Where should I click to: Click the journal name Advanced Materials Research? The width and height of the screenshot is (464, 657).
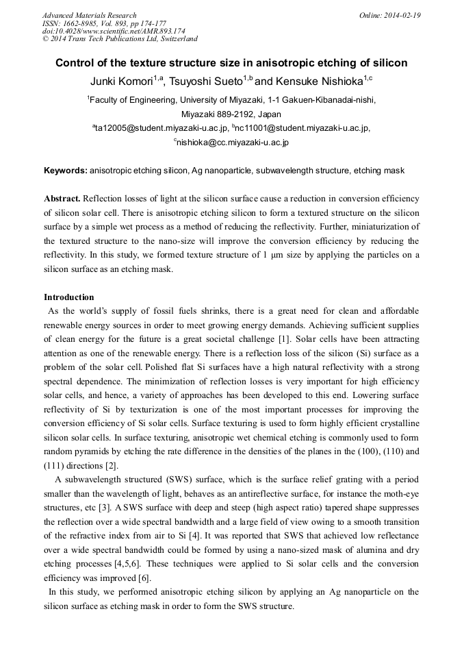click(x=89, y=15)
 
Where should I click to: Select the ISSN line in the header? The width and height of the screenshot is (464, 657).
click(x=104, y=23)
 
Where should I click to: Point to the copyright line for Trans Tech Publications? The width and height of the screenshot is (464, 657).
click(x=120, y=39)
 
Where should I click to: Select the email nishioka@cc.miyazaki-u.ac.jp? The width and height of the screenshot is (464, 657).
click(x=233, y=142)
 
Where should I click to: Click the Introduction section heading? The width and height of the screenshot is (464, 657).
click(x=69, y=297)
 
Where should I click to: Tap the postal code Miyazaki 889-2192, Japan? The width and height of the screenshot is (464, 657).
click(x=231, y=114)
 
